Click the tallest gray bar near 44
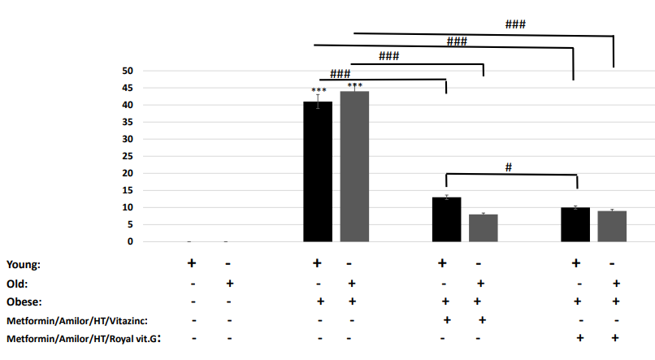tap(354, 167)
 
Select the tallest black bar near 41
tap(318, 171)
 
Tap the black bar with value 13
tap(446, 219)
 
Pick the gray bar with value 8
tap(483, 228)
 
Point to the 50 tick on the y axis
tap(127, 71)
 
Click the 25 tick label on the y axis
tap(127, 156)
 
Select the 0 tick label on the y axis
tap(130, 241)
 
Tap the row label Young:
tap(23, 264)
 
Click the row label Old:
tap(18, 284)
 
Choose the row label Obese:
tap(24, 301)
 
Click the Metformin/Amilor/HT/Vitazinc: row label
tap(78, 320)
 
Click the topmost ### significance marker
tap(515, 24)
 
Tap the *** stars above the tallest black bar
tap(319, 90)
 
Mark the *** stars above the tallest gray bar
tap(354, 85)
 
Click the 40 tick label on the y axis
tap(127, 105)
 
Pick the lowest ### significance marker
tap(340, 72)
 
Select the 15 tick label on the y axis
tap(127, 190)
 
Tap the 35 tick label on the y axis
tap(127, 122)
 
